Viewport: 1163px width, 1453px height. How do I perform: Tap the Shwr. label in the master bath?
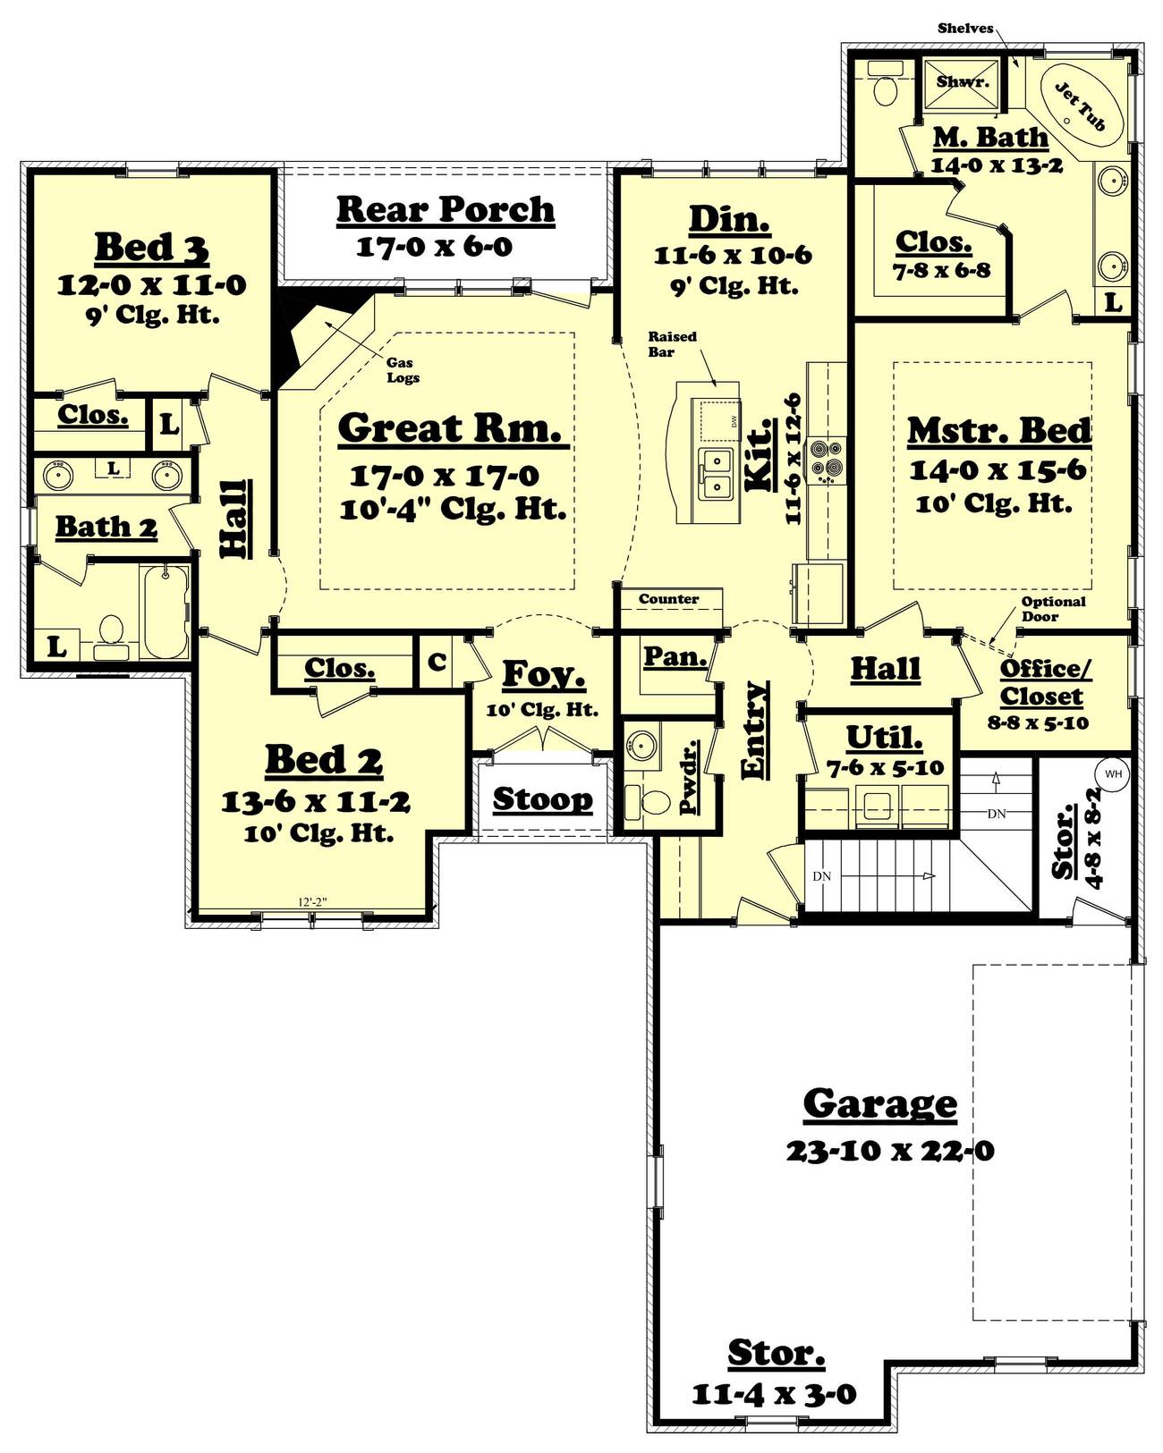963,81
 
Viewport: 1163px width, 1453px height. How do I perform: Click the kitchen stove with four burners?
825,459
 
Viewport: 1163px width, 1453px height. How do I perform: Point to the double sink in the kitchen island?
715,475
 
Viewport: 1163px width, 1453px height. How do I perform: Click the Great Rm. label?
453,428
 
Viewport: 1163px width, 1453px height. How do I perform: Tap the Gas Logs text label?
403,370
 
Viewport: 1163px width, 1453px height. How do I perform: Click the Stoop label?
542,798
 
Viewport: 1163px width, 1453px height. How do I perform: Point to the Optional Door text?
1053,609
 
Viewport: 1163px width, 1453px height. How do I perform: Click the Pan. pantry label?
675,656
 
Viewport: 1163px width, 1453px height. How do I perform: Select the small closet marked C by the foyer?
437,662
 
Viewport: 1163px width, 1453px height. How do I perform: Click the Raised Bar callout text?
672,343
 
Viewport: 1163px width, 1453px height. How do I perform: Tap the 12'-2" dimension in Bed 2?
312,902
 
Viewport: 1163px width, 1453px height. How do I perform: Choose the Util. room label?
884,738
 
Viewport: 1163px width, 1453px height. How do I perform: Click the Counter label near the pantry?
668,599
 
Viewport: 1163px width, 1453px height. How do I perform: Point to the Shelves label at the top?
965,28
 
